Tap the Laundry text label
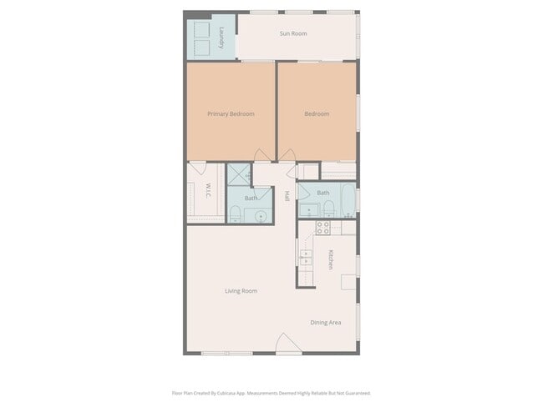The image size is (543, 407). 221,38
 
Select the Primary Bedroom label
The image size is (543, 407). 231,113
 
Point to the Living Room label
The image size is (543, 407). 241,291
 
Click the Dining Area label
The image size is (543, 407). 325,323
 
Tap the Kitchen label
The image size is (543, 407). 331,259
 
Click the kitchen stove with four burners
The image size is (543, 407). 322,227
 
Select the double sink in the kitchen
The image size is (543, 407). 306,256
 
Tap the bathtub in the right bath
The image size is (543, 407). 347,201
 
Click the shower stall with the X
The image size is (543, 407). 239,175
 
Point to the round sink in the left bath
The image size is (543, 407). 261,215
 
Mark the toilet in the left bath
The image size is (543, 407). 236,214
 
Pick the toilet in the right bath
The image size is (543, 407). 328,208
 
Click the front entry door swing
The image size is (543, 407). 288,344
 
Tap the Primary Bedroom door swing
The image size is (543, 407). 263,156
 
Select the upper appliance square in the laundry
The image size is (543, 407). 201,28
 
